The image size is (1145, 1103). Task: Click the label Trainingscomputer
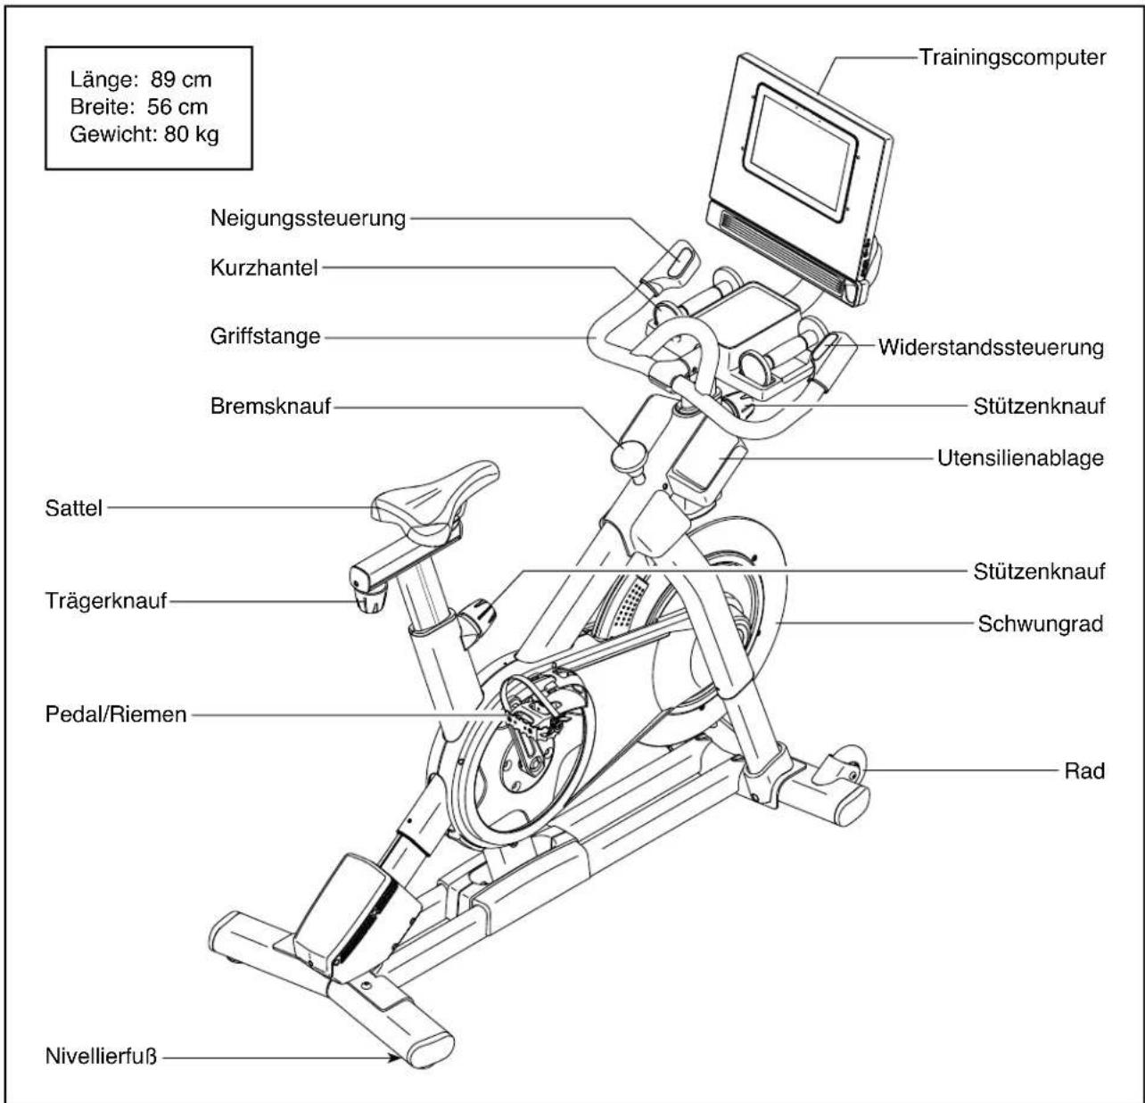pos(1012,58)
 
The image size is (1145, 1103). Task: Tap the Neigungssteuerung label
pos(309,218)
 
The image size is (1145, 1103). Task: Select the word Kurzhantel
pos(264,268)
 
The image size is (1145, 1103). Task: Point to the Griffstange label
pos(266,336)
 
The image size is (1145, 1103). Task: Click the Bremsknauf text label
pos(271,407)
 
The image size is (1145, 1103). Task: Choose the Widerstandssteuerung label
pos(992,347)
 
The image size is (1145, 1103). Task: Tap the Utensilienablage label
pos(1021,458)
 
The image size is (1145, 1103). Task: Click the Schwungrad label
pos(1041,623)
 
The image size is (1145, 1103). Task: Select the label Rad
pos(1085,770)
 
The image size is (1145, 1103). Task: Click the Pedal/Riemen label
pos(116,715)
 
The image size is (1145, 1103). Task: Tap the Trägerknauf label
pos(106,601)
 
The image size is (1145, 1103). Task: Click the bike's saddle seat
pos(435,498)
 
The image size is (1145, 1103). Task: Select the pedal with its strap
pos(532,709)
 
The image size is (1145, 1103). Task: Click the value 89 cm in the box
pos(181,79)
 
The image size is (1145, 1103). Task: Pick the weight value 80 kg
pos(191,135)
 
